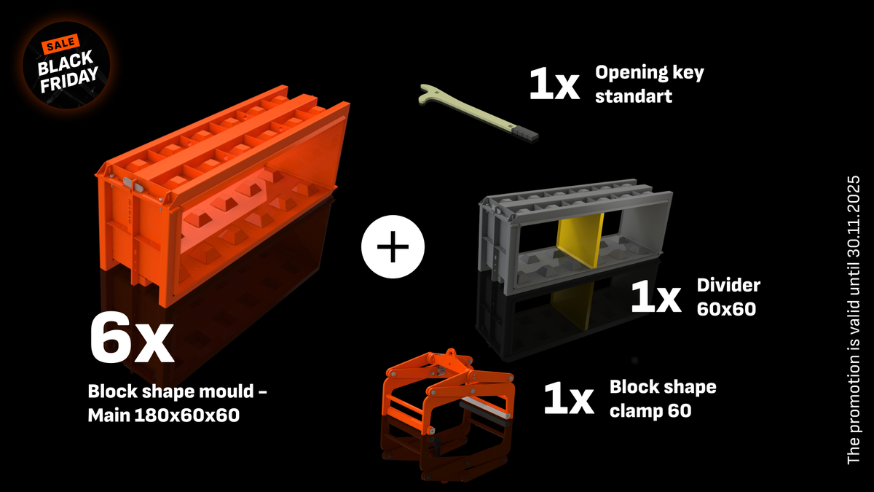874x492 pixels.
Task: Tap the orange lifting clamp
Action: tap(444, 394)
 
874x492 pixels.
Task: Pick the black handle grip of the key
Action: tap(526, 133)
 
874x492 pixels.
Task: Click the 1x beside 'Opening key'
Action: tap(554, 85)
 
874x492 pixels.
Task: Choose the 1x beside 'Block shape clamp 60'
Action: tap(569, 399)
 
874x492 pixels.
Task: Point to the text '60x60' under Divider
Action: tap(726, 308)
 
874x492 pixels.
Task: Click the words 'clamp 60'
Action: tap(650, 410)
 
